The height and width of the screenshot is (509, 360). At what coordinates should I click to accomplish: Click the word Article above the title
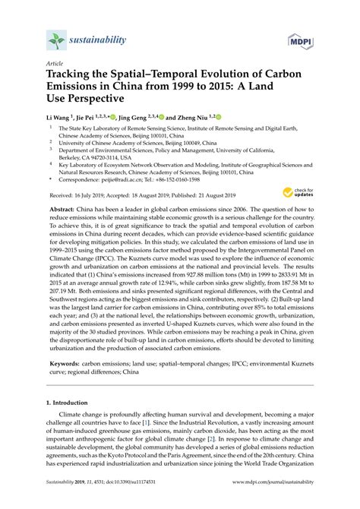click(x=54, y=65)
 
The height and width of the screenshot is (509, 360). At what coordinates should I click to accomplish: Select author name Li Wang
click(x=59, y=118)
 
